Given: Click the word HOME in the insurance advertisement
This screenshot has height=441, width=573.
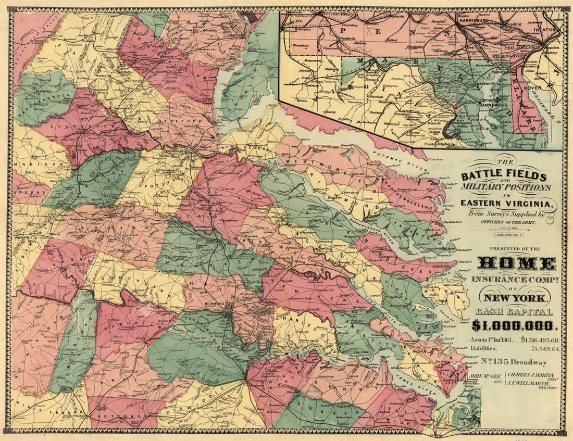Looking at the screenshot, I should [x=516, y=263].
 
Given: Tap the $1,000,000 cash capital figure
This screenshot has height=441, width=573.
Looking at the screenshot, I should [x=515, y=325].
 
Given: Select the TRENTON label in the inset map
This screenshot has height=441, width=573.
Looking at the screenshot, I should [x=549, y=30].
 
